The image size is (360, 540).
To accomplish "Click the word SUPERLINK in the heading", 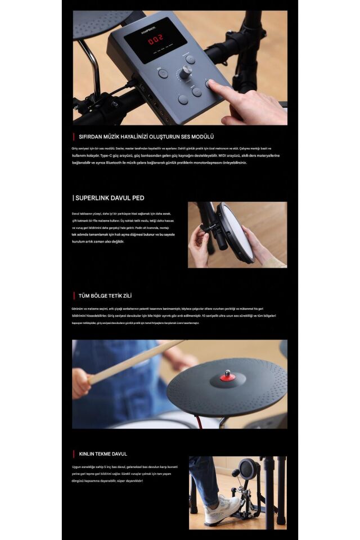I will point(92,198).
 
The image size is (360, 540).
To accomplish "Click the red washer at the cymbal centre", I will point(227,377).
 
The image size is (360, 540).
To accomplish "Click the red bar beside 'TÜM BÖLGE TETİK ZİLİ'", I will point(73,296).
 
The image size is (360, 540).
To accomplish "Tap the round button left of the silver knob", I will point(163,73).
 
